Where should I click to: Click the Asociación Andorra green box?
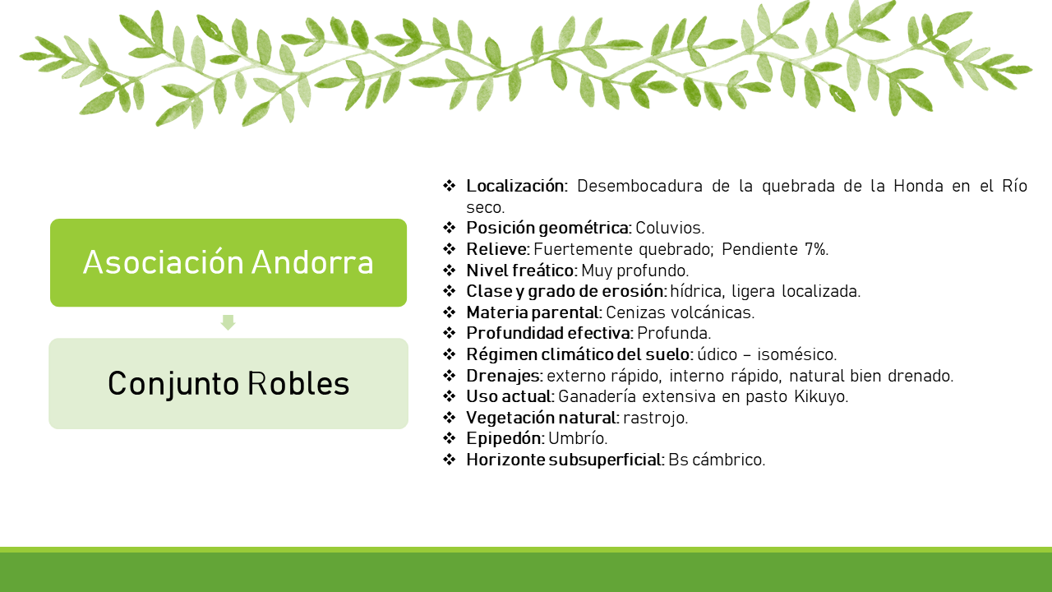pos(228,262)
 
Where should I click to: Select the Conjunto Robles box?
pos(228,383)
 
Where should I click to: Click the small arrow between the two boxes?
pos(228,322)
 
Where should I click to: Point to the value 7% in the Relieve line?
pos(816,249)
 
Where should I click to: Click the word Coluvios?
pos(670,228)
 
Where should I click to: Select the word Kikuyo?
pos(821,397)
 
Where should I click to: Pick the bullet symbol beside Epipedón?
pos(450,438)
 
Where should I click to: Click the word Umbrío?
pos(578,438)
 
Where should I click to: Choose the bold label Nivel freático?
pos(521,271)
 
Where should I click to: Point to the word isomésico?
pos(797,354)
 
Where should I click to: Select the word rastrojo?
pos(656,418)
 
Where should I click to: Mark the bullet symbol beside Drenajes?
pos(450,376)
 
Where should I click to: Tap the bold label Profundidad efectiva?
pos(550,333)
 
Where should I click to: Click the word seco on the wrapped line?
pos(485,207)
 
